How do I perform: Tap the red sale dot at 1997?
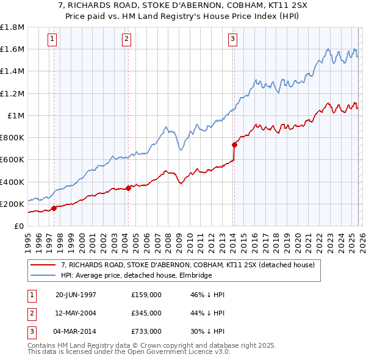pyautogui.click(x=54, y=208)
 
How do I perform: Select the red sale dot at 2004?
pyautogui.click(x=129, y=188)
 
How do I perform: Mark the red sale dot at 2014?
pyautogui.click(x=234, y=145)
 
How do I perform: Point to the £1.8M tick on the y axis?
pyautogui.click(x=12, y=27)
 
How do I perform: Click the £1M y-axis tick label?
pyautogui.click(x=15, y=115)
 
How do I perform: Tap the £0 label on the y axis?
pyautogui.click(x=20, y=226)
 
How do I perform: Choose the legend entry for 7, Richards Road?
pyautogui.click(x=188, y=265)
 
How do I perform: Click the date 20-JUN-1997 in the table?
pyautogui.click(x=76, y=295)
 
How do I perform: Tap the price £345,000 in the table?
pyautogui.click(x=146, y=313)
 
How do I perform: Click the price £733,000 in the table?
pyautogui.click(x=146, y=331)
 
